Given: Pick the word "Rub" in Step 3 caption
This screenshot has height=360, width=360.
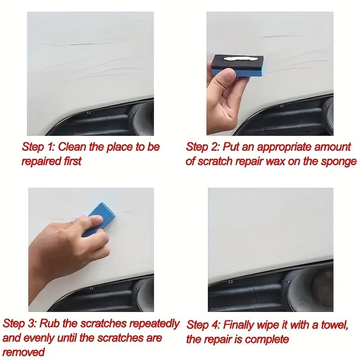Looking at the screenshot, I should coord(54,323).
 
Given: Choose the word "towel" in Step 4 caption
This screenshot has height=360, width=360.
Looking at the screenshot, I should coord(333,324).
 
